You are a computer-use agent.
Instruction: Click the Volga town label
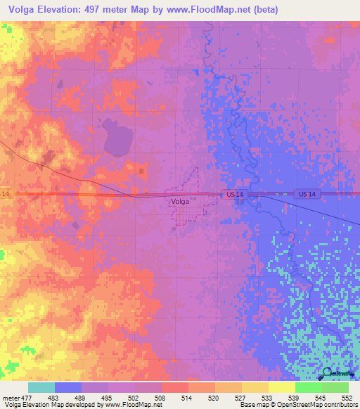click(179, 201)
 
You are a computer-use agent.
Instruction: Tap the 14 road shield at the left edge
click(5, 193)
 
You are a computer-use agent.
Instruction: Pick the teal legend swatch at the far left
click(41, 387)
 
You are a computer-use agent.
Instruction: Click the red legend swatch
click(174, 387)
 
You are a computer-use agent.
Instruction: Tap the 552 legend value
click(346, 398)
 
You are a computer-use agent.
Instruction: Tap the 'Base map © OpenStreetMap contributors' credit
click(299, 405)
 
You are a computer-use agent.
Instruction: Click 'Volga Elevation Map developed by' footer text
click(51, 405)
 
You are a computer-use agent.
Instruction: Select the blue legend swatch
click(67, 387)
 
